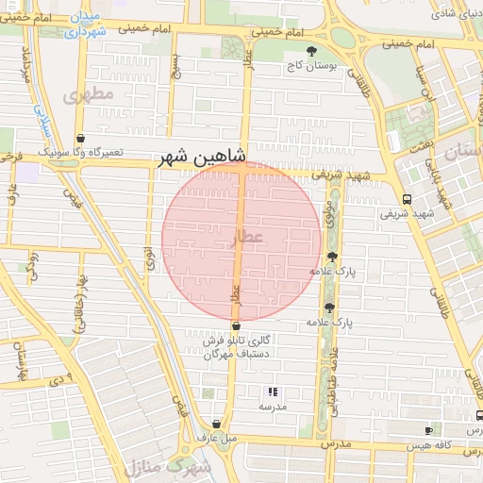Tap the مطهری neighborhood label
coord(90,95)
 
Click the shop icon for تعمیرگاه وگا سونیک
coord(80,138)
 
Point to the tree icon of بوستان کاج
coord(312,51)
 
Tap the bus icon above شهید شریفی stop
coord(407,199)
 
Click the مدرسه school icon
coord(273,391)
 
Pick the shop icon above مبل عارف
coord(218,425)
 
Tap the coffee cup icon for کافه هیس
coord(478,416)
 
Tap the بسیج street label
coord(174,66)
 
